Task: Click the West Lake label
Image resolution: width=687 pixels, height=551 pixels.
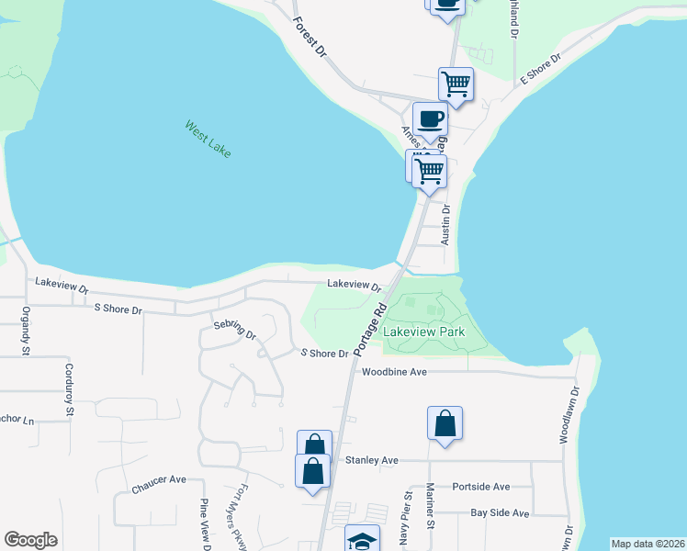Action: (x=208, y=139)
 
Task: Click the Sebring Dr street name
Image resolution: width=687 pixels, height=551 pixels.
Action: (x=234, y=331)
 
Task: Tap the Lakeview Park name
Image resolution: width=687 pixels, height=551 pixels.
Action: (x=424, y=332)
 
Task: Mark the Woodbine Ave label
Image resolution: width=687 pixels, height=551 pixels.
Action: (x=394, y=372)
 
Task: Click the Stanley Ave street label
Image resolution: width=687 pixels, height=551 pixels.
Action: (x=371, y=459)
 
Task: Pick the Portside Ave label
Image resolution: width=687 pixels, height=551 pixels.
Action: (x=480, y=487)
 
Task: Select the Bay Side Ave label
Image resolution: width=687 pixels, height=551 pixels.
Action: (x=500, y=513)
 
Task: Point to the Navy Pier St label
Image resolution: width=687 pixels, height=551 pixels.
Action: (x=405, y=520)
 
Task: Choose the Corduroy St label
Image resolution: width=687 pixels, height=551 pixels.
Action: (x=69, y=389)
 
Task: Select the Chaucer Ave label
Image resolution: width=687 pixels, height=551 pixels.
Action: (x=159, y=479)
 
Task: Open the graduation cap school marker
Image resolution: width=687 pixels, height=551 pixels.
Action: (x=362, y=539)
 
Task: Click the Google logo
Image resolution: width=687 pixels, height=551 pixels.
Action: (x=30, y=540)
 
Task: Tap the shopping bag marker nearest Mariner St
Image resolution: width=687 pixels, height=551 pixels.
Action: (x=445, y=424)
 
